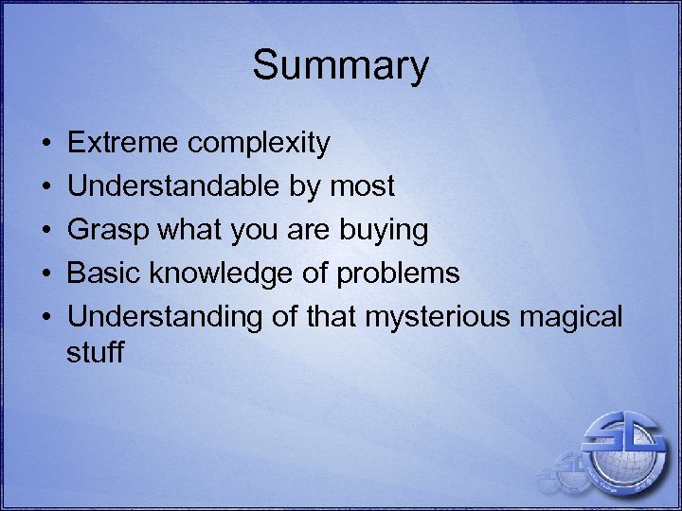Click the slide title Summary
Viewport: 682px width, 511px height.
point(340,66)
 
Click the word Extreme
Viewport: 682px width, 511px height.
point(123,143)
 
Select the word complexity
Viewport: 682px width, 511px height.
point(259,144)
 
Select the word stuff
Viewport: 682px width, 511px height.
point(95,352)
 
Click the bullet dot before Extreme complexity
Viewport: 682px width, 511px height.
point(46,144)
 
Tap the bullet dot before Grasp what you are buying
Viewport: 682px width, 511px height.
point(46,231)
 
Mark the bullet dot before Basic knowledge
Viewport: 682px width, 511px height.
point(46,274)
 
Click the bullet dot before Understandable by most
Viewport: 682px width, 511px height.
point(46,187)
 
